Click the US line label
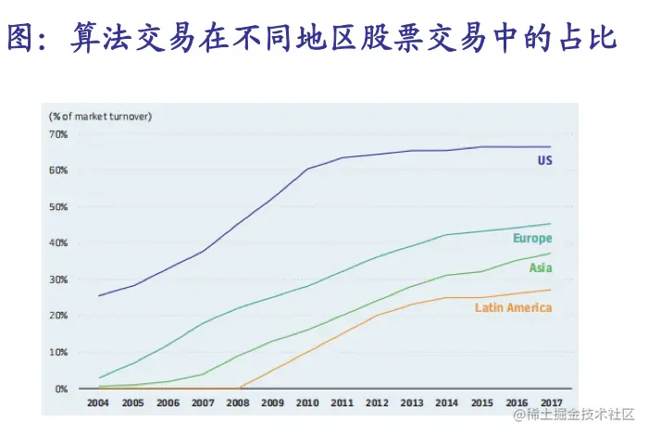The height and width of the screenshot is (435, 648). pos(544,160)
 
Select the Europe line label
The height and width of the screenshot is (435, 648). pos(532,239)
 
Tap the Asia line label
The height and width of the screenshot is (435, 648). pos(541,268)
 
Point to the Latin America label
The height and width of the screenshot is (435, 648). pos(513,307)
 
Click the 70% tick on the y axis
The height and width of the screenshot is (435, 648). pos(58,134)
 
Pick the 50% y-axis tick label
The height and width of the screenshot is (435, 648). pos(58,206)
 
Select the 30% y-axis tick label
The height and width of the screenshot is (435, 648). pos(58,280)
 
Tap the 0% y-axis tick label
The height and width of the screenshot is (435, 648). pos(61,389)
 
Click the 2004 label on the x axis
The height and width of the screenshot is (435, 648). pos(98,404)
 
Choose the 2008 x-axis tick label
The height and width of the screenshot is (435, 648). pos(238,404)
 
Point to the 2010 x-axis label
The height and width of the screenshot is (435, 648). pos(307,404)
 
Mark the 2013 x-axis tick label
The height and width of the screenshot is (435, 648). pos(412,404)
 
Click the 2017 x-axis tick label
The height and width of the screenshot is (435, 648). pos(551,404)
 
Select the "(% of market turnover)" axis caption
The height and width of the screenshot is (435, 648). pos(101,117)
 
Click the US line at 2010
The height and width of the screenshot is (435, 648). pos(307,169)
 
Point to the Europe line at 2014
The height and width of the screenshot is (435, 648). pos(446,235)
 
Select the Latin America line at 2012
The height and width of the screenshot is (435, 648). pos(377,316)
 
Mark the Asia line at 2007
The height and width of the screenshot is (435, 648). pos(203,374)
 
